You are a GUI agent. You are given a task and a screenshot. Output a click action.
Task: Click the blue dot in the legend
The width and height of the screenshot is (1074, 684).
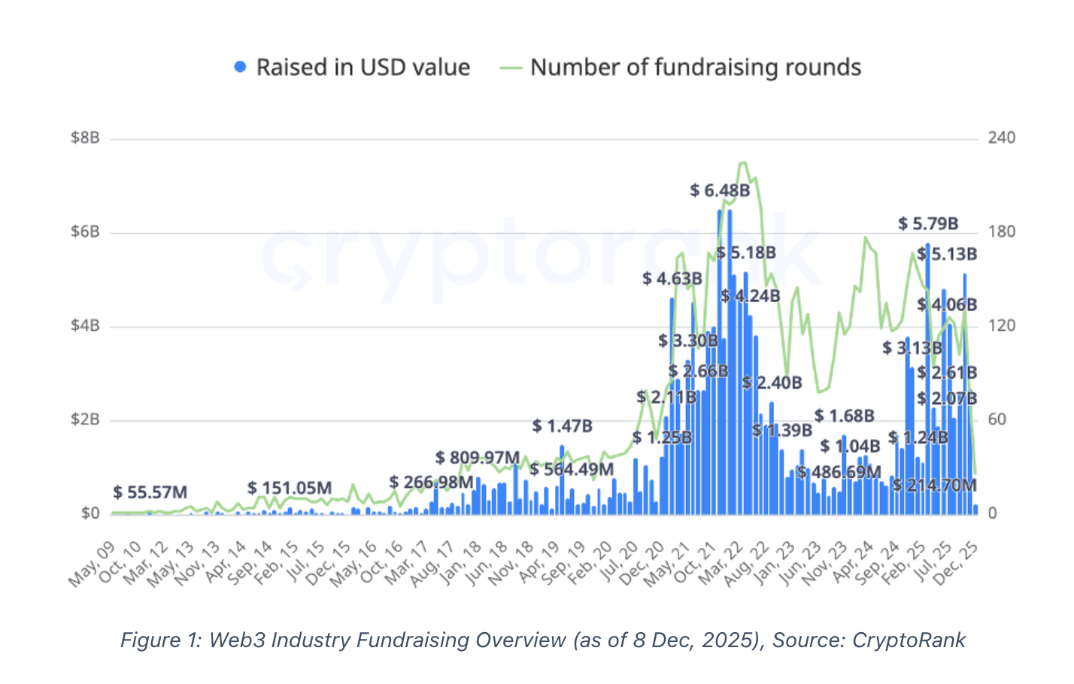[240, 67]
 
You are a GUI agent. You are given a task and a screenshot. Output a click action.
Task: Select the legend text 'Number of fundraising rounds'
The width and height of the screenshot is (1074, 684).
[696, 68]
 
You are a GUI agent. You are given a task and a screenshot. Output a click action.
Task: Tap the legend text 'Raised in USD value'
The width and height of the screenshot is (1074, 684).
[363, 68]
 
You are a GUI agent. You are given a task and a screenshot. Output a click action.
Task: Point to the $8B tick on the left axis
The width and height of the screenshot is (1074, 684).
[85, 138]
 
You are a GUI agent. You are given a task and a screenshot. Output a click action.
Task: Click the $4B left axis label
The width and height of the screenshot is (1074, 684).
[85, 325]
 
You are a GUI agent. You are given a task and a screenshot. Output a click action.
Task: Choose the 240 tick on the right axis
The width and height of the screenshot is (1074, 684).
[1001, 138]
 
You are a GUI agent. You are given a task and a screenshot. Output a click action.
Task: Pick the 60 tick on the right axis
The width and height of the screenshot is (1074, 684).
[997, 419]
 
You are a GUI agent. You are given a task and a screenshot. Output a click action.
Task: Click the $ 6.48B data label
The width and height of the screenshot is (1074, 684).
[720, 191]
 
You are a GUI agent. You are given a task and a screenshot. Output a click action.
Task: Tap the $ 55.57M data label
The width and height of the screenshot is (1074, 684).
[150, 492]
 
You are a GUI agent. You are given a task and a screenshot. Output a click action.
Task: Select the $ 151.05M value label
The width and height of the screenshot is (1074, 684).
[289, 488]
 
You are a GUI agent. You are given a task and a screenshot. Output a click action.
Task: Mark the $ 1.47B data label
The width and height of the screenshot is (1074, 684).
[562, 426]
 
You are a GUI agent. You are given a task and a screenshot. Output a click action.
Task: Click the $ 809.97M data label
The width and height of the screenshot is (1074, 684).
[477, 458]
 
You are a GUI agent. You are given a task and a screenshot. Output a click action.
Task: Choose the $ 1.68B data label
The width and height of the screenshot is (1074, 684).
[844, 416]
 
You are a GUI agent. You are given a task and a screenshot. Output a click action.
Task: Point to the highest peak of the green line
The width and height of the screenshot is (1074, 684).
[743, 162]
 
